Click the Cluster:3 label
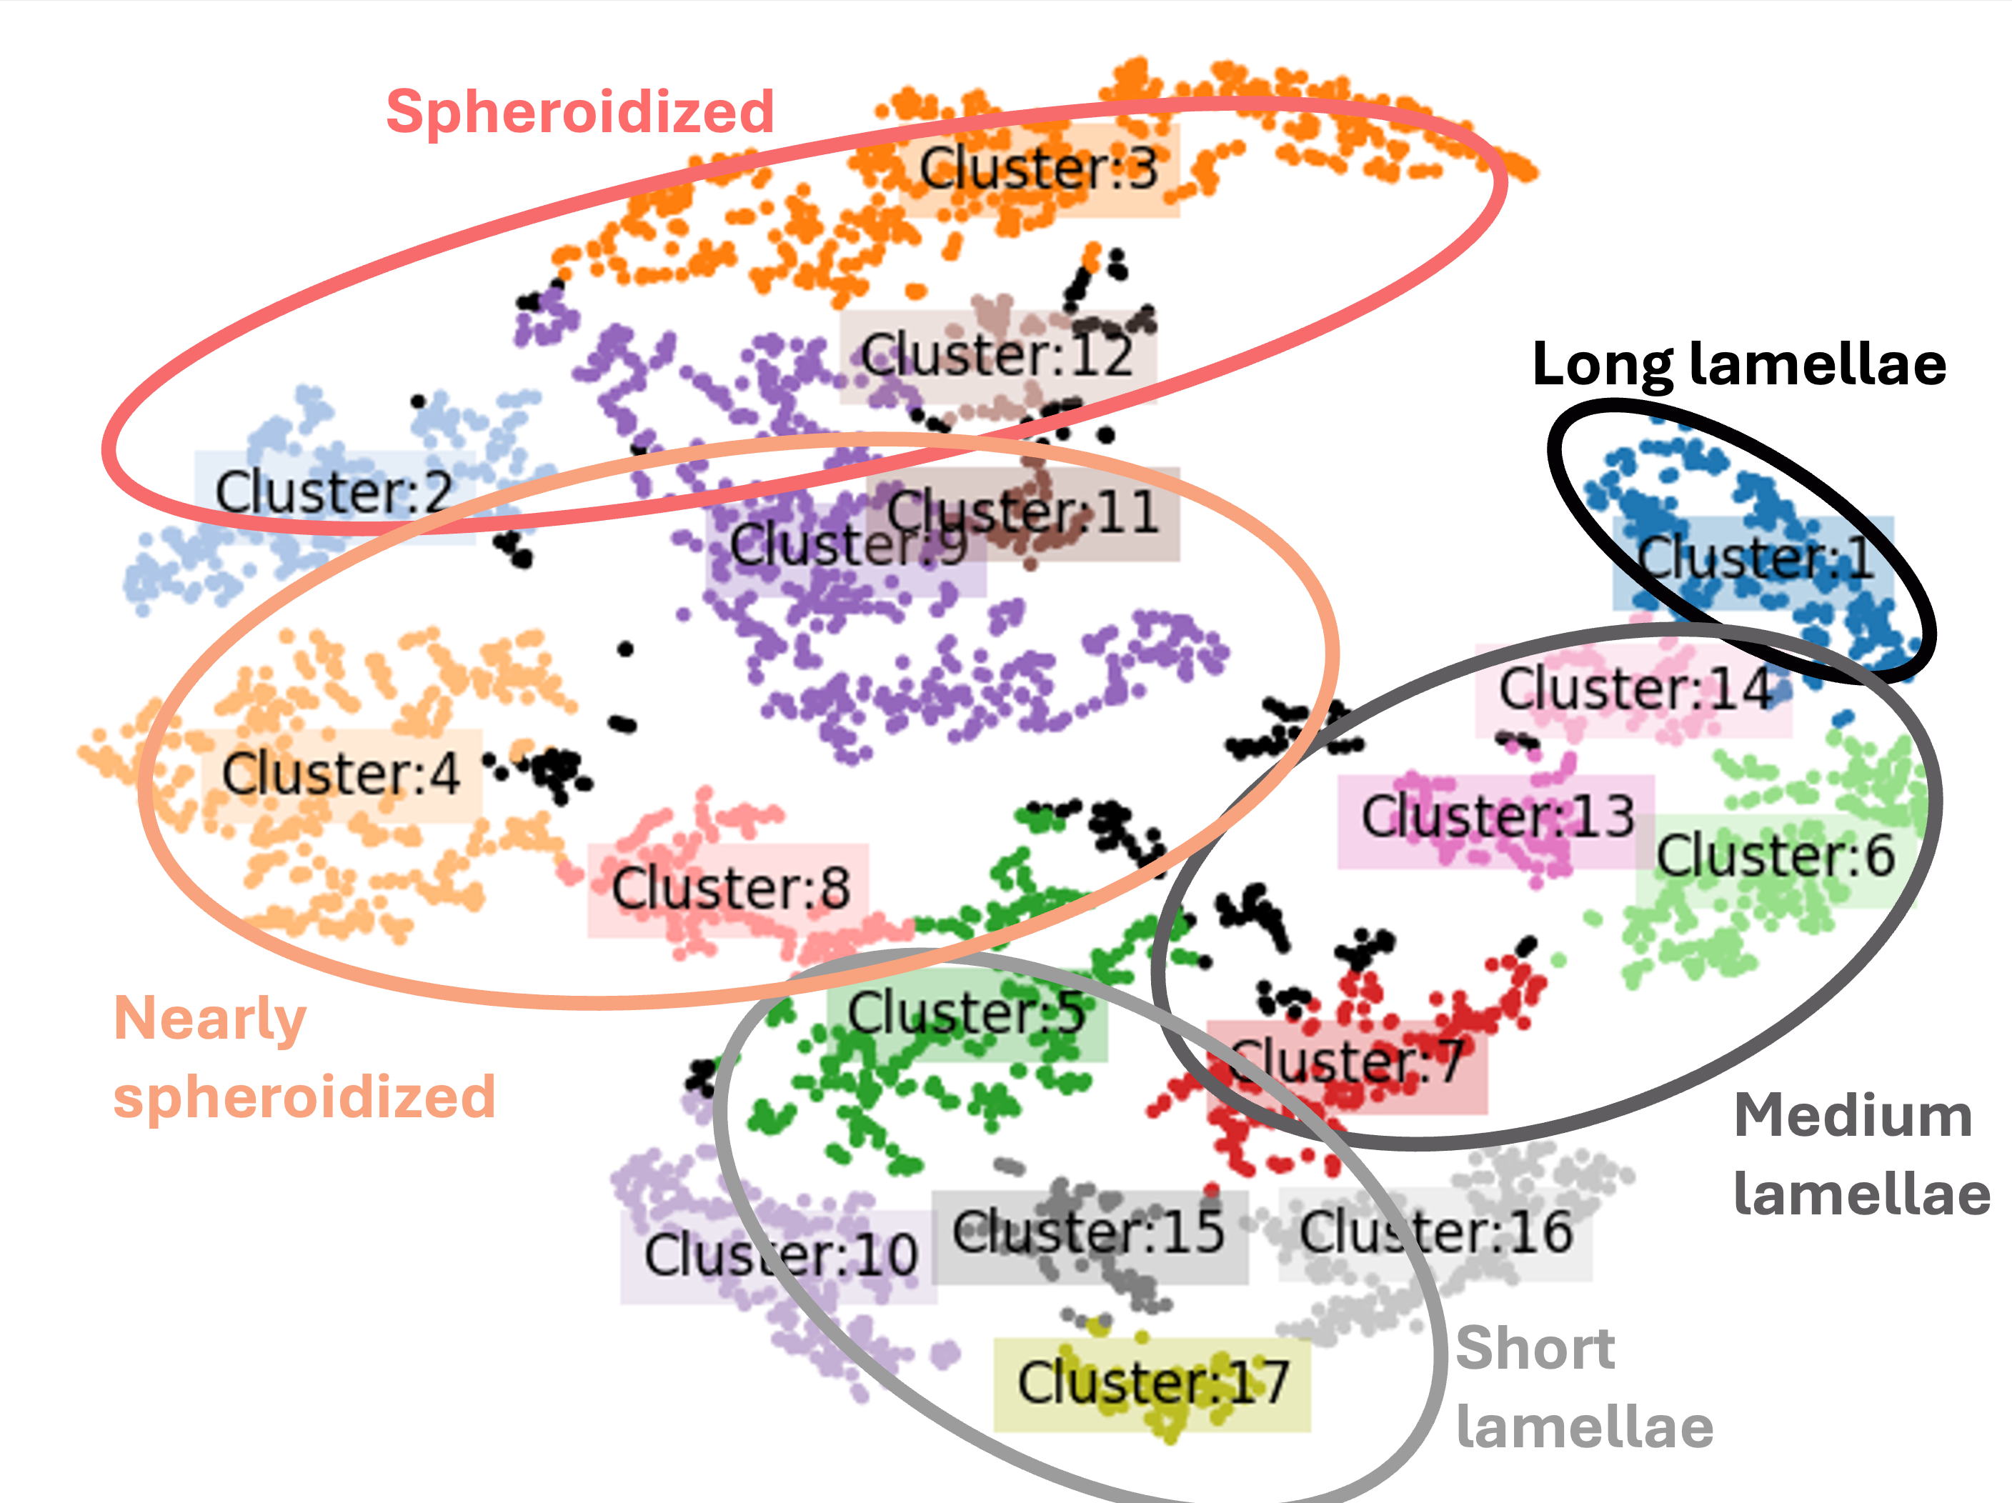(1039, 169)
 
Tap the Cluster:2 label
(334, 494)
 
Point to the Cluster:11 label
(1024, 512)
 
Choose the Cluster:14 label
(1635, 689)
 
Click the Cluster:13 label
(1497, 817)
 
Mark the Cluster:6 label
(1775, 857)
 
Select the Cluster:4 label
(341, 774)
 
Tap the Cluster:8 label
(730, 889)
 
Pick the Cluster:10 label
(780, 1256)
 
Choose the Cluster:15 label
(1089, 1233)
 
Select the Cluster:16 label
(1435, 1233)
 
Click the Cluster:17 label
(1152, 1383)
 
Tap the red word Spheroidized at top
(580, 113)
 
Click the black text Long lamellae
(1739, 366)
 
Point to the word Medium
(1853, 1117)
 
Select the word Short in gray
(1535, 1349)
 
